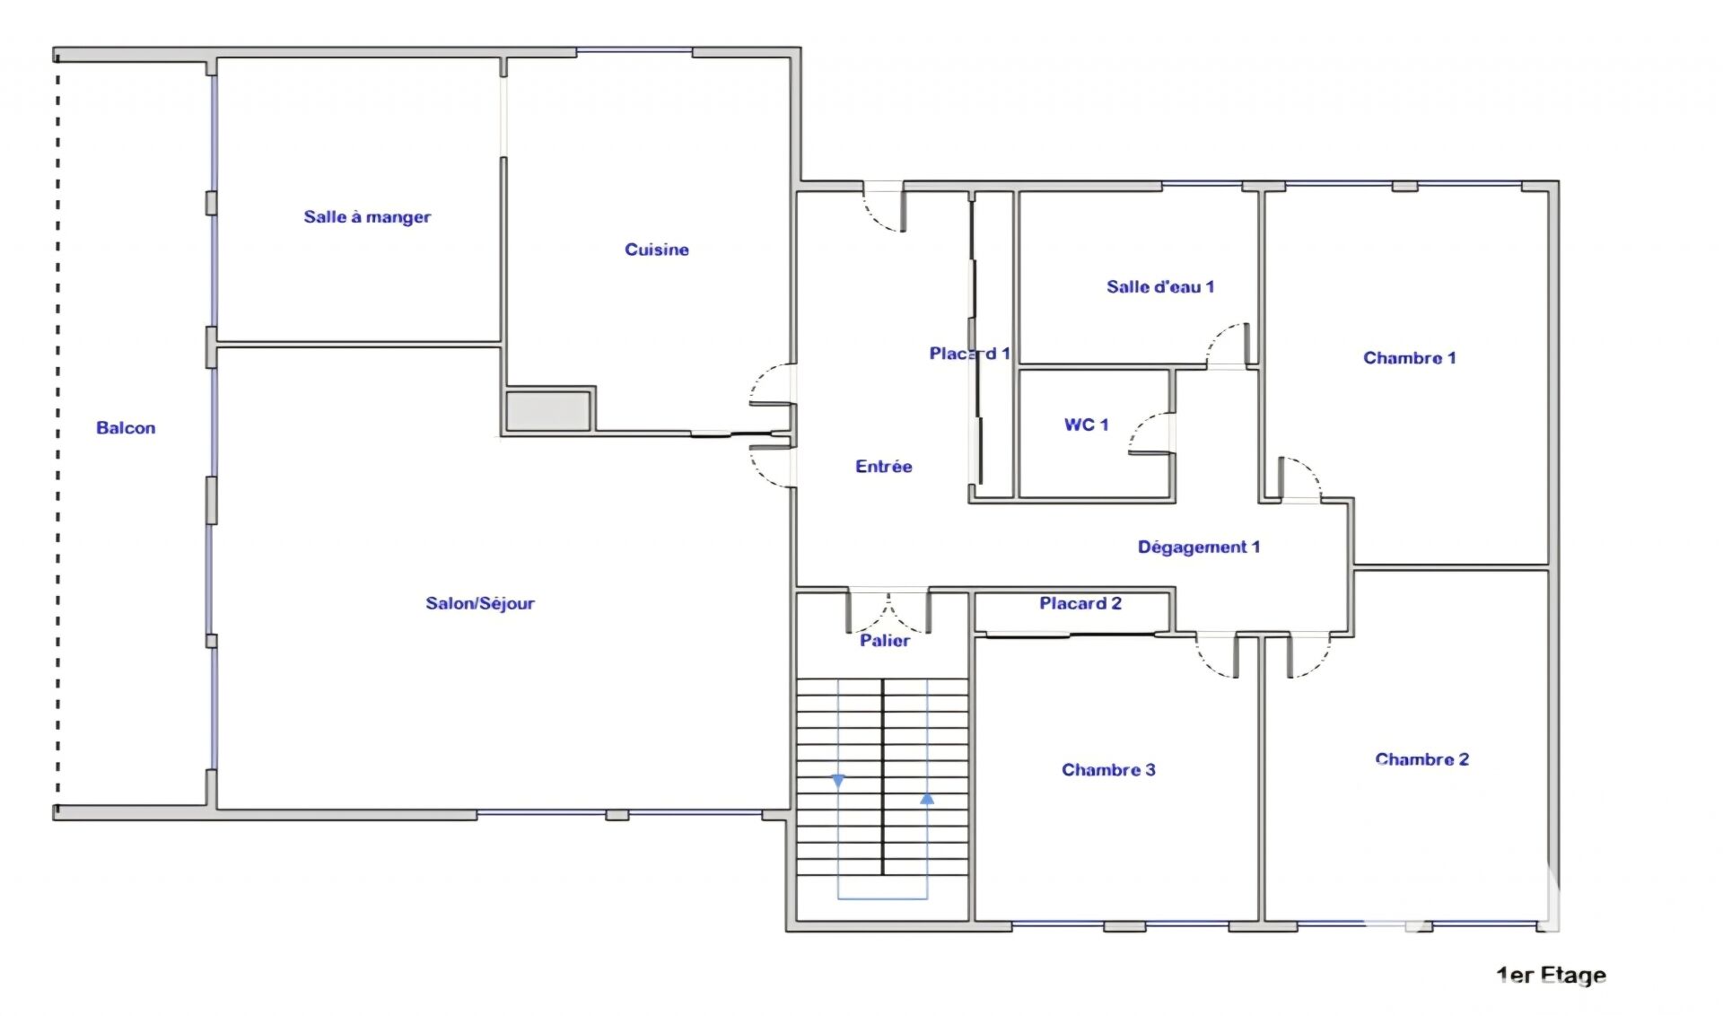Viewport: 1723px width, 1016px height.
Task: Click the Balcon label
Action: point(126,428)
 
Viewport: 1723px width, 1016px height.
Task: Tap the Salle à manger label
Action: point(367,216)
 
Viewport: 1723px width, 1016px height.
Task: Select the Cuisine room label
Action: point(657,250)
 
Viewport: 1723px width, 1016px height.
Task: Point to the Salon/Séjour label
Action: point(480,603)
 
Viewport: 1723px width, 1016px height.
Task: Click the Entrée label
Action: point(884,467)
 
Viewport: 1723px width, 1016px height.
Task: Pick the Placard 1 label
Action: point(970,354)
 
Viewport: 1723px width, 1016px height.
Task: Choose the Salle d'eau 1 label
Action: point(1160,287)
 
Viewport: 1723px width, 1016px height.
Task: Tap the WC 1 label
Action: point(1087,425)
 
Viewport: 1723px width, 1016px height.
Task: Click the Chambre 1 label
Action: point(1410,358)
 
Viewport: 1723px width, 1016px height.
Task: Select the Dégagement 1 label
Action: point(1199,547)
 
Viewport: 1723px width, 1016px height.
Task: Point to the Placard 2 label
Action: point(1080,603)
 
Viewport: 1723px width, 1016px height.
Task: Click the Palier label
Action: point(885,641)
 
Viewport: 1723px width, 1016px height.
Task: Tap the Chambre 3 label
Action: point(1108,770)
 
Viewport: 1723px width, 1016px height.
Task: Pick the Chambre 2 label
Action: point(1422,759)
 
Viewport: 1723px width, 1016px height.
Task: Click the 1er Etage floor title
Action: point(1552,976)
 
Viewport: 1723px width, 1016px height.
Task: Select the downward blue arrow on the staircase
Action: point(838,782)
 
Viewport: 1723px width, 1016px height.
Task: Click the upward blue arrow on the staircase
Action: point(927,798)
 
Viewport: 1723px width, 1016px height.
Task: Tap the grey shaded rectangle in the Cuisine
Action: point(547,410)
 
